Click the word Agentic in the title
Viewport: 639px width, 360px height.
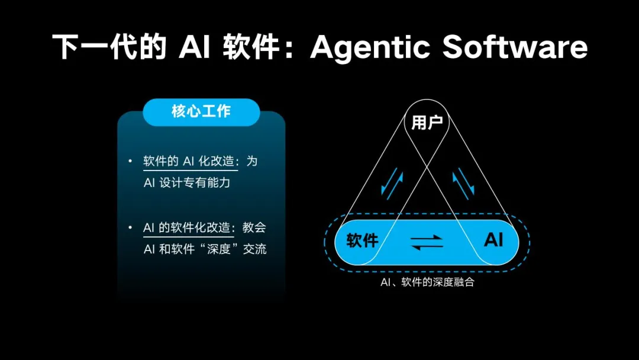click(370, 48)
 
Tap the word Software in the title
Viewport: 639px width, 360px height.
click(515, 47)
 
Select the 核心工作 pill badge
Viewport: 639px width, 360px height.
click(201, 112)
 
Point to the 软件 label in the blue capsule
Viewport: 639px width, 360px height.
click(362, 240)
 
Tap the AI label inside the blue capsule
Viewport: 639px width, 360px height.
click(493, 240)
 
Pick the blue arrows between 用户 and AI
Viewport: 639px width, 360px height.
click(463, 184)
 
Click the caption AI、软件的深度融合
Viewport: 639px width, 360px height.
click(427, 282)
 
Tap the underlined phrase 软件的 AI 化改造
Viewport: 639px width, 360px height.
click(191, 162)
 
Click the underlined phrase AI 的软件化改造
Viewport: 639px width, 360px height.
click(189, 227)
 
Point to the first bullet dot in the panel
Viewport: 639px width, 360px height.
click(130, 161)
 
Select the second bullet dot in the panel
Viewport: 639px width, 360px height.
click(130, 227)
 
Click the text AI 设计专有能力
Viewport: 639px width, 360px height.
click(187, 182)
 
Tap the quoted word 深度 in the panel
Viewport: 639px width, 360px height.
click(219, 249)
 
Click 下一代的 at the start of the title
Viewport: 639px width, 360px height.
click(109, 47)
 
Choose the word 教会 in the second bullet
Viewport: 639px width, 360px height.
click(254, 227)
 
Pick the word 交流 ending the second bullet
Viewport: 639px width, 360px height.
click(254, 249)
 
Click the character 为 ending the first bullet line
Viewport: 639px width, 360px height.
click(252, 162)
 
